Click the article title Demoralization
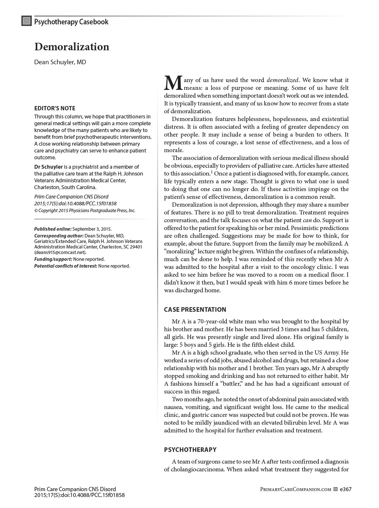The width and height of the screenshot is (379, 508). tap(72, 47)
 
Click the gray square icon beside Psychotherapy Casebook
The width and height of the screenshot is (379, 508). tap(27, 21)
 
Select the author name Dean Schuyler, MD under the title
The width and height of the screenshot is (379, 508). tap(60, 62)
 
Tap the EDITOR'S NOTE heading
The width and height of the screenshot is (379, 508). tap(55, 108)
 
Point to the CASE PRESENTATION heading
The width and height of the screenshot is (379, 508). tap(195, 309)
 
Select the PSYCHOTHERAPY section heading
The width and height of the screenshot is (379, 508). tap(190, 450)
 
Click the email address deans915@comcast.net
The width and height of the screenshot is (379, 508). tap(60, 252)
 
